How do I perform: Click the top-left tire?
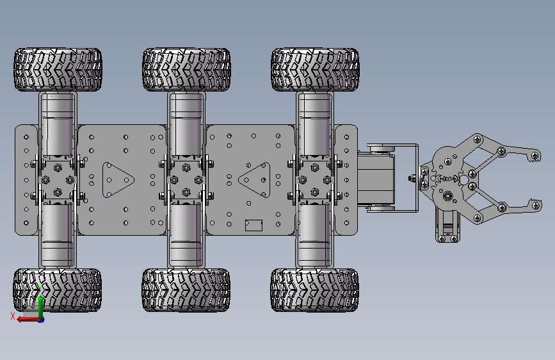(58, 70)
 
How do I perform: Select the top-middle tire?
(186, 70)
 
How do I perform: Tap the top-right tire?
(315, 70)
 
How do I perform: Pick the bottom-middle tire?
(186, 290)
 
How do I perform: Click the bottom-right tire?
(315, 290)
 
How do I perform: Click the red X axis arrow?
(29, 320)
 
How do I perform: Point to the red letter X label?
(13, 316)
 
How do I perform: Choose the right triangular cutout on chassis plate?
(255, 180)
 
